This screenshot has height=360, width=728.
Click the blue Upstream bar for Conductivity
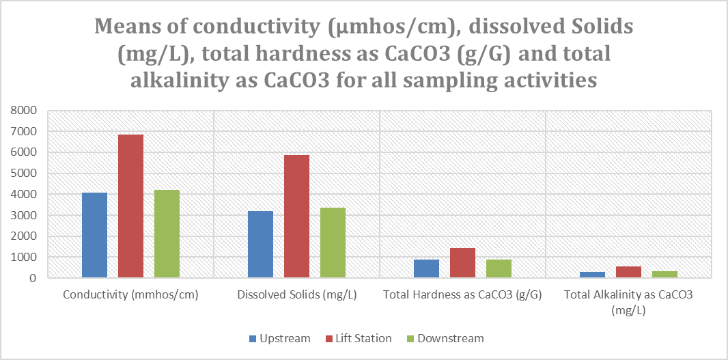(x=94, y=235)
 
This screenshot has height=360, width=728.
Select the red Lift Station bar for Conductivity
(x=130, y=206)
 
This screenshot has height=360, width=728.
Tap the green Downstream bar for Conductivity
(x=167, y=234)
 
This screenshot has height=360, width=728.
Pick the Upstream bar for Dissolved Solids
(x=260, y=245)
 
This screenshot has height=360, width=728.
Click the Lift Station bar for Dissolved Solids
(x=296, y=216)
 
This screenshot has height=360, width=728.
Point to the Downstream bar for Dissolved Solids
(x=333, y=243)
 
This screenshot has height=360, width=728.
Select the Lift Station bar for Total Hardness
(x=462, y=263)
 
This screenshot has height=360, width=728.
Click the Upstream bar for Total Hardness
(x=426, y=268)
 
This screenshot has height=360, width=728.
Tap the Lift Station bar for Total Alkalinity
(x=628, y=272)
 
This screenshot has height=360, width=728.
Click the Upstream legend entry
(x=279, y=338)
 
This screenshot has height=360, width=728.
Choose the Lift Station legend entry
(x=362, y=338)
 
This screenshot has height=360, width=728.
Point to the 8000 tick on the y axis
(x=24, y=110)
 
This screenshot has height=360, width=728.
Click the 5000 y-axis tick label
(x=24, y=174)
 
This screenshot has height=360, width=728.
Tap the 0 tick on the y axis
(x=31, y=279)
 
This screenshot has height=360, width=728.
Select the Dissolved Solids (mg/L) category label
(x=296, y=296)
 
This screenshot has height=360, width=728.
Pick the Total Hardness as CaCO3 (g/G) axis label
(x=462, y=296)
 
